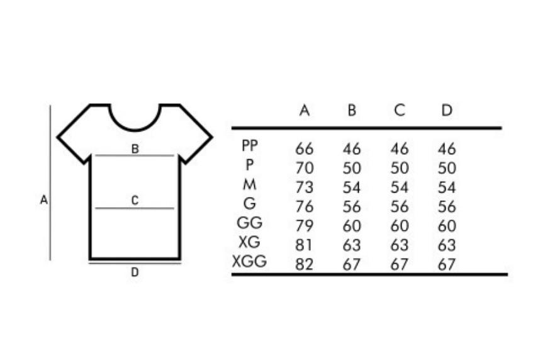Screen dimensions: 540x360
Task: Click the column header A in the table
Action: tap(305, 110)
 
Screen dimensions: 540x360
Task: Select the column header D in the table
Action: tap(447, 110)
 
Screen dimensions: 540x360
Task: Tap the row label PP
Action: tap(250, 145)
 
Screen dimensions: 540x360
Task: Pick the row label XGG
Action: tap(249, 261)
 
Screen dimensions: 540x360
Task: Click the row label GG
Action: tap(249, 223)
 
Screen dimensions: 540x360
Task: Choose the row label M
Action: tap(250, 184)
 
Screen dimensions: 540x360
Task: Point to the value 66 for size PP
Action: tap(305, 149)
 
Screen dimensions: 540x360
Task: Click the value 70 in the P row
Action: tap(305, 168)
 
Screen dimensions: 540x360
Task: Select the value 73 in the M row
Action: tap(305, 188)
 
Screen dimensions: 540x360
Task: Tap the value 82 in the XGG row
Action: tap(305, 264)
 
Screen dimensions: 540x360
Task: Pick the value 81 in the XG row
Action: tap(304, 245)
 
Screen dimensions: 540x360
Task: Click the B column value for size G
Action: tap(352, 206)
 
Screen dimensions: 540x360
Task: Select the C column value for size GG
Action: tap(400, 226)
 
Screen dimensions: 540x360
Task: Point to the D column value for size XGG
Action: tap(447, 264)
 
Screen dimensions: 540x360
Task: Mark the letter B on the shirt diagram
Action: tap(135, 149)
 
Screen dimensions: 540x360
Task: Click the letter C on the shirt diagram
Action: tap(135, 200)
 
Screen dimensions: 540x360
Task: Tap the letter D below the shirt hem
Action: tap(135, 272)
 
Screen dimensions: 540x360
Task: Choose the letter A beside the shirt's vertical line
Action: tap(43, 200)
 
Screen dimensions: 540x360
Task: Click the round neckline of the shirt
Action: tap(135, 130)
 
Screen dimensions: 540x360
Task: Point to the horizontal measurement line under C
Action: tap(135, 208)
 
